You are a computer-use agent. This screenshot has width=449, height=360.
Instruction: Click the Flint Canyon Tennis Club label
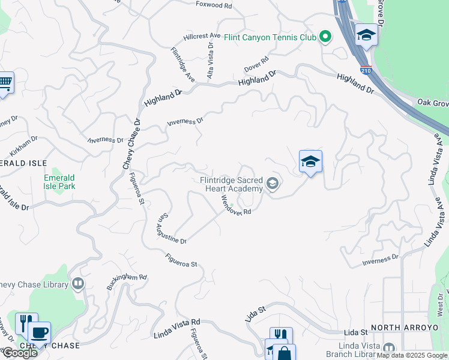click(x=270, y=37)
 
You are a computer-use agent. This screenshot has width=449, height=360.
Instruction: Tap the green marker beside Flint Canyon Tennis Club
click(x=325, y=37)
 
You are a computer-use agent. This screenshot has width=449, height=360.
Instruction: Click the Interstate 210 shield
click(x=366, y=71)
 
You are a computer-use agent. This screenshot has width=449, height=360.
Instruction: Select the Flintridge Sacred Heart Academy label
click(x=232, y=184)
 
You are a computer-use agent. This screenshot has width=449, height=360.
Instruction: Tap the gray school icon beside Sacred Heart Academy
click(x=273, y=184)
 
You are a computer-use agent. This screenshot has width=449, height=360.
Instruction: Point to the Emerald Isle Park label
click(x=59, y=182)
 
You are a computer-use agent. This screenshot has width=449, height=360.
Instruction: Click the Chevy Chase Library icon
click(x=77, y=283)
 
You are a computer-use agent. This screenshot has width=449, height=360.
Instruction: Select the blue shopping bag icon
click(x=285, y=353)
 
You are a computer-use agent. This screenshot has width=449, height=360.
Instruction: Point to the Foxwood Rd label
click(x=214, y=4)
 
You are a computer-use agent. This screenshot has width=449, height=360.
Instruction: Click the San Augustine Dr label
click(x=171, y=230)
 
